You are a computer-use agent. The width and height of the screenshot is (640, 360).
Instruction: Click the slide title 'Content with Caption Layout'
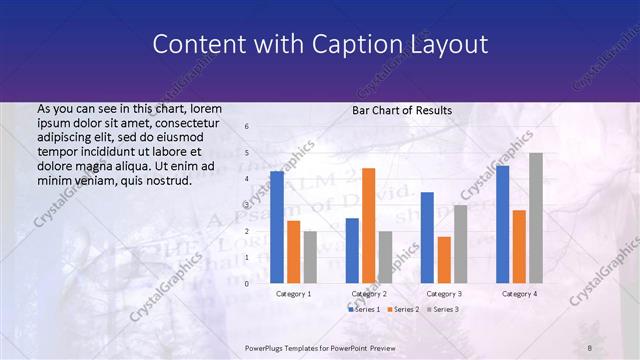click(319, 45)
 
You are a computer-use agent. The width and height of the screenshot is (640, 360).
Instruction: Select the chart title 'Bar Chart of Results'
click(402, 110)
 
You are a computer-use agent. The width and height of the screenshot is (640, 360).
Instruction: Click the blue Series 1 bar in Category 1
click(277, 227)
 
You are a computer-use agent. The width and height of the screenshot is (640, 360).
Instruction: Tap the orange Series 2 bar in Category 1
click(293, 252)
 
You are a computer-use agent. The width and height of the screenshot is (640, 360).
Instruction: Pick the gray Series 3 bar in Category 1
click(310, 257)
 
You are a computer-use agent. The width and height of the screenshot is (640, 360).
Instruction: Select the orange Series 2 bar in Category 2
click(368, 225)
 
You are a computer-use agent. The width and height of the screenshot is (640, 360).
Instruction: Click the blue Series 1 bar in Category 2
click(352, 250)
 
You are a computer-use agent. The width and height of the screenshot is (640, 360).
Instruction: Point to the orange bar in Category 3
click(443, 260)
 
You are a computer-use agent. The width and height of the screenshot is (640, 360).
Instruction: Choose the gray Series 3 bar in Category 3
click(460, 244)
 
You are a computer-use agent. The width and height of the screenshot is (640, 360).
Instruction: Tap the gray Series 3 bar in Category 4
click(536, 218)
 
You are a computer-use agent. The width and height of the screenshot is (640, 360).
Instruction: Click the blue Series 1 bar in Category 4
click(502, 224)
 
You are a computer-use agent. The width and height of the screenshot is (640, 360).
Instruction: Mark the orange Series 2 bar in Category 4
click(519, 247)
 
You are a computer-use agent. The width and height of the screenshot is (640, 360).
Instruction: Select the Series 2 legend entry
click(403, 310)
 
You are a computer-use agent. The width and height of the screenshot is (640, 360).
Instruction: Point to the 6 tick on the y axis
click(247, 127)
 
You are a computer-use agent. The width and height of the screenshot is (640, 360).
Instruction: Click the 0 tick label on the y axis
click(247, 284)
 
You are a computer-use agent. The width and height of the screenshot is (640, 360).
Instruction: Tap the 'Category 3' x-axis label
click(443, 294)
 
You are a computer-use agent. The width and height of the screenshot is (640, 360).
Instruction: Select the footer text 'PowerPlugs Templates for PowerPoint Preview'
click(320, 346)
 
